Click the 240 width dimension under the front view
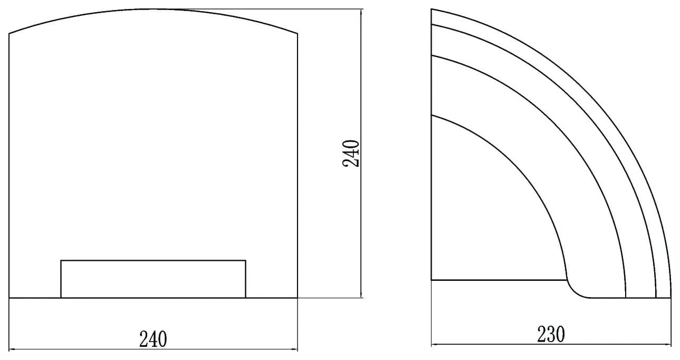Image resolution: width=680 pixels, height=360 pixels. pos(153,339)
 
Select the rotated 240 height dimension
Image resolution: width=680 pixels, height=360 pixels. pos(351,154)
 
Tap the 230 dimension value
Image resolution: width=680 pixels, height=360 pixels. pos(551,334)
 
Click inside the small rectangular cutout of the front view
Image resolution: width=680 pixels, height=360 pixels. pos(154,279)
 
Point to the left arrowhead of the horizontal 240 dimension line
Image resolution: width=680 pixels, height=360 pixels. pos(12,349)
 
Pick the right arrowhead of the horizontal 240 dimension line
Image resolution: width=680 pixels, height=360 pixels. pos(294,349)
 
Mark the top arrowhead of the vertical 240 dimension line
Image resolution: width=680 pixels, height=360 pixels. pos(361,13)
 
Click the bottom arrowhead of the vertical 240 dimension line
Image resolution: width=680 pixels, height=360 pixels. pos(361,295)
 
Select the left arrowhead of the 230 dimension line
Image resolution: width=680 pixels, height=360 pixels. pos(435,345)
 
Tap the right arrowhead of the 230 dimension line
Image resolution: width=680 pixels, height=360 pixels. pos(667,345)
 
